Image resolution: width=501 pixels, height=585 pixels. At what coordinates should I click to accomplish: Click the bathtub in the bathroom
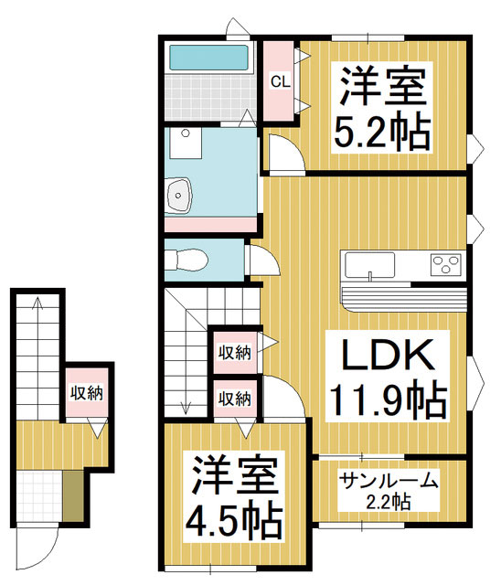point(209,58)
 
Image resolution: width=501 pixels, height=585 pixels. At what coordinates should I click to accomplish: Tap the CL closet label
point(281,81)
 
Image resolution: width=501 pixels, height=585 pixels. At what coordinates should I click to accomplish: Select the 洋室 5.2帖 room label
point(382,108)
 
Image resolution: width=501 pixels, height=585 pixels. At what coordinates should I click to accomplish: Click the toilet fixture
point(186,260)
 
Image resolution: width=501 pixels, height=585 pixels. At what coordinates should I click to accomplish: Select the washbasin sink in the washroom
point(178,196)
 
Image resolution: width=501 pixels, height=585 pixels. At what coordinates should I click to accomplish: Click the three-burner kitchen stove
point(446,264)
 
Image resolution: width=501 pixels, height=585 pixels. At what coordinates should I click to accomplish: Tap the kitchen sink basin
point(369,264)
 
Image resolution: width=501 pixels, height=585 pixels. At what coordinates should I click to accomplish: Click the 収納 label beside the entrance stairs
point(87,393)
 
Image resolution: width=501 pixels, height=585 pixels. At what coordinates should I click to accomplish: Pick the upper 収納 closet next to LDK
point(235,353)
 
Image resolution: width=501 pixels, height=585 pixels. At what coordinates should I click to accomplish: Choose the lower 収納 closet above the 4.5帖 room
point(235,399)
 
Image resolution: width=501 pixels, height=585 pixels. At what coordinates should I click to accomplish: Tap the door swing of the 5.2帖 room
point(286,154)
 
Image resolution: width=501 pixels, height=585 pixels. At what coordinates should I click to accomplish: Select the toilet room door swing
point(263,260)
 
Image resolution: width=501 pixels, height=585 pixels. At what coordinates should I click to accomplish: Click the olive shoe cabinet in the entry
point(73,496)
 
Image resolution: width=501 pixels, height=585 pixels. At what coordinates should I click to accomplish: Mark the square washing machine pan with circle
point(186,143)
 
